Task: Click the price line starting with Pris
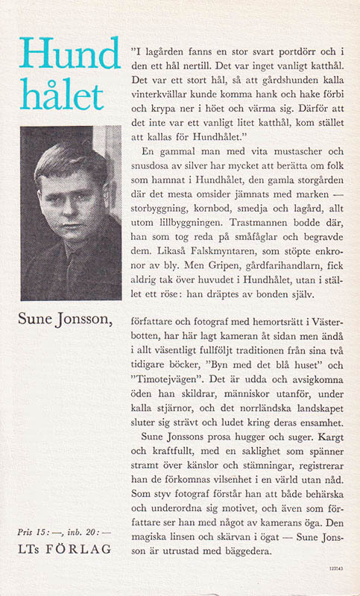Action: tap(63, 533)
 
